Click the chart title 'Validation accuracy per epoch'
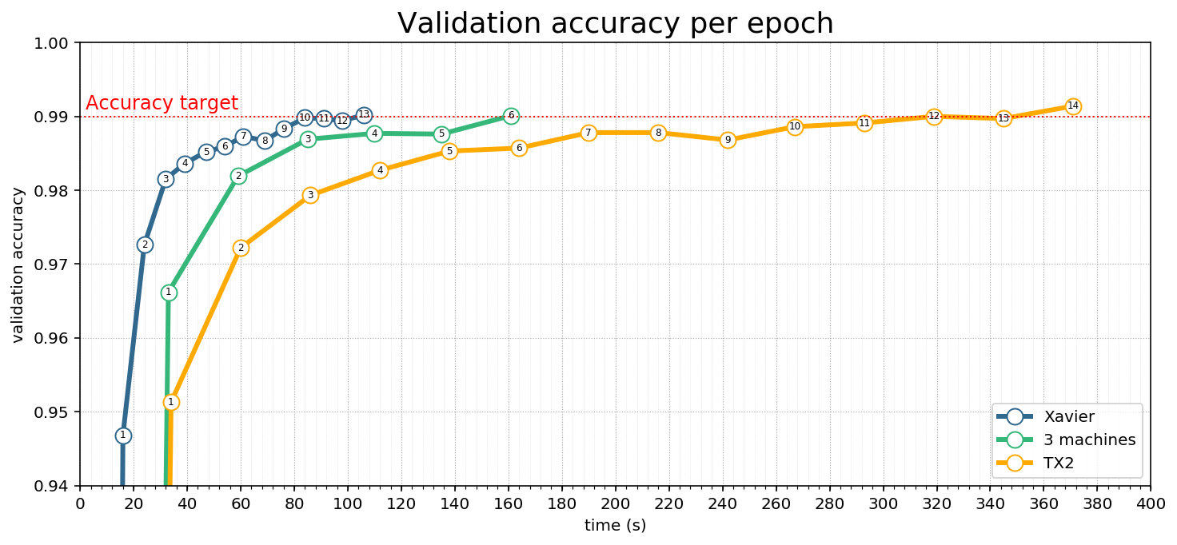click(615, 23)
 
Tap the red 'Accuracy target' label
click(162, 103)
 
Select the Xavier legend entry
click(1068, 416)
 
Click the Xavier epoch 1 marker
click(123, 436)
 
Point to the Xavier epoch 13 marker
click(364, 115)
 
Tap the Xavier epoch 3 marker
click(166, 179)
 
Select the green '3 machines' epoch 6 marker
click(511, 116)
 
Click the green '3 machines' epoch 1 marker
click(169, 292)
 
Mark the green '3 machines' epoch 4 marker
click(374, 133)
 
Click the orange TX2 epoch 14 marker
click(1073, 106)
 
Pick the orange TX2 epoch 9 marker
click(728, 140)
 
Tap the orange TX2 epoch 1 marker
click(170, 402)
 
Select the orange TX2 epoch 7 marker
click(588, 133)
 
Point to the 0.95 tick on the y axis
click(55, 412)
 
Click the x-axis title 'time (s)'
click(615, 525)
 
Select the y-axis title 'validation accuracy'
click(18, 265)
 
